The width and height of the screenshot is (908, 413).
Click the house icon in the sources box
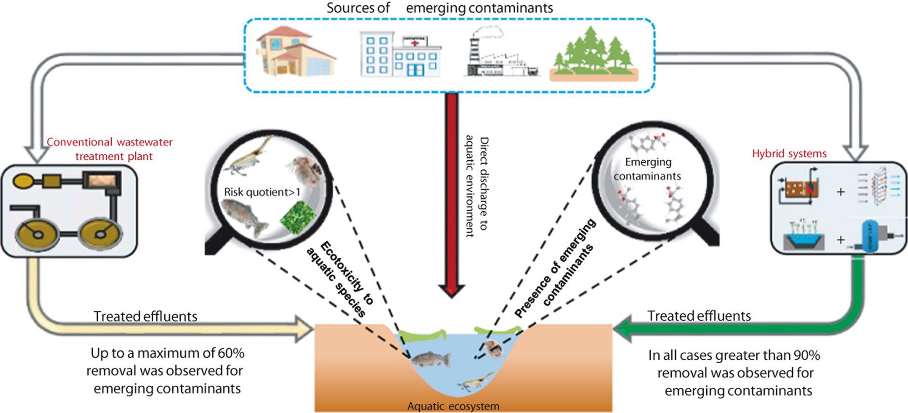coord(295,52)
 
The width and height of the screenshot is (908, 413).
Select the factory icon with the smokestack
coord(501,54)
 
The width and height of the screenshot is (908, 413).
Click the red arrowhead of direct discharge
coord(451,289)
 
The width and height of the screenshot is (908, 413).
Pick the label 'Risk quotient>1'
coord(262,192)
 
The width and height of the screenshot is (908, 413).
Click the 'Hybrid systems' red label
coord(789,154)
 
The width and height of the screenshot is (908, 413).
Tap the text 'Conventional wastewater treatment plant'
coord(110,149)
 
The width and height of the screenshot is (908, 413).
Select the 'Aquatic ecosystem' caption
coord(453,406)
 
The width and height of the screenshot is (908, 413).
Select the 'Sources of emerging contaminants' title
coord(439,8)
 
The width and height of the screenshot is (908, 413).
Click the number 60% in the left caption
coord(231,353)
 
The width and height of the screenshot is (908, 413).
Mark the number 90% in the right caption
coord(806,356)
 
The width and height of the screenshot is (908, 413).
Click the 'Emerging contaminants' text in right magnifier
coord(648,169)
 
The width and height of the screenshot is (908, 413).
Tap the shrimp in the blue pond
coord(475,381)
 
